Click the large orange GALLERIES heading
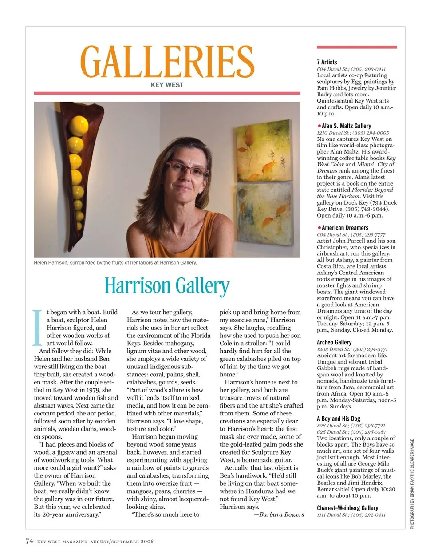coord(167,62)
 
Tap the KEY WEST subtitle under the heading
coord(167,85)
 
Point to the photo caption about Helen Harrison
coord(115,262)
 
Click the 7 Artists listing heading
coord(327,62)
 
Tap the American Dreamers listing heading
coord(345,228)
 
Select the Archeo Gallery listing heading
coord(334,342)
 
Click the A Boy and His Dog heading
coord(339,419)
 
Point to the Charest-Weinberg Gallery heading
coord(347,508)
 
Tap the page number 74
coord(29,541)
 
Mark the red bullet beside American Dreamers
coord(319,228)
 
